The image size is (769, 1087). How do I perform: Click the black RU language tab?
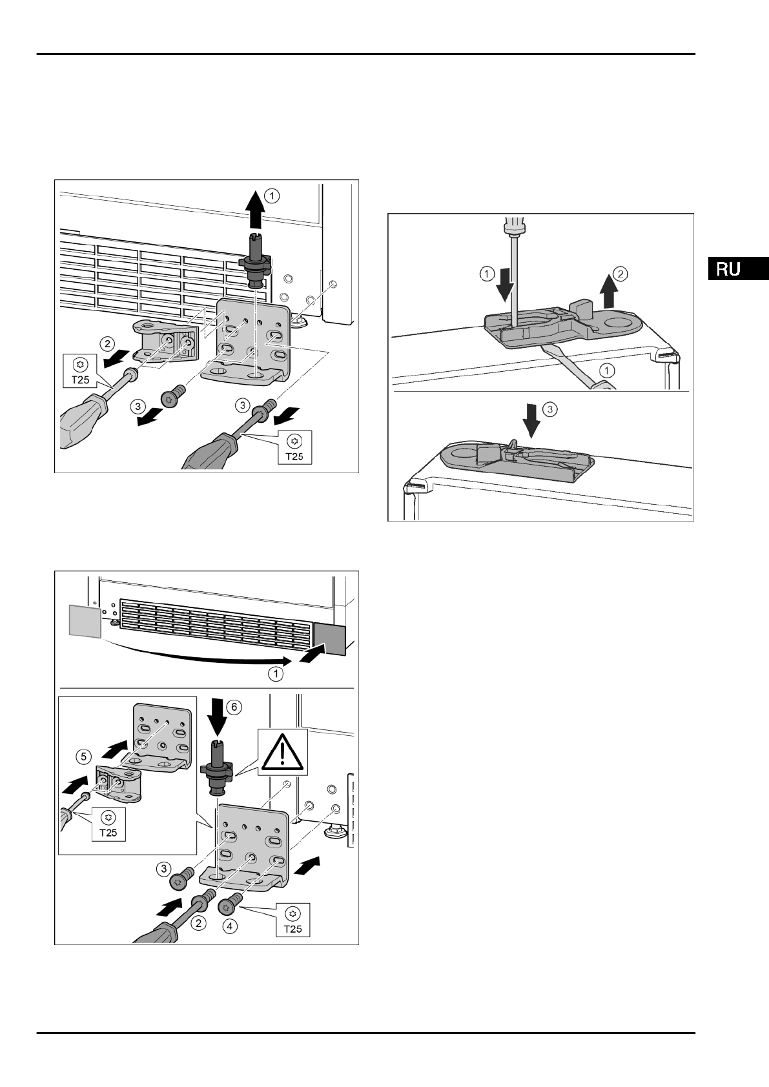tap(737, 269)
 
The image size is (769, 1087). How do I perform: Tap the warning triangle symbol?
tap(283, 752)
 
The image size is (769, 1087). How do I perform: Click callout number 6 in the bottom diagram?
tap(234, 707)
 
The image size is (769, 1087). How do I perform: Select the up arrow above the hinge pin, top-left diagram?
tap(256, 212)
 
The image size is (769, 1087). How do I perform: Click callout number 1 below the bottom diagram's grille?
tap(276, 675)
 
